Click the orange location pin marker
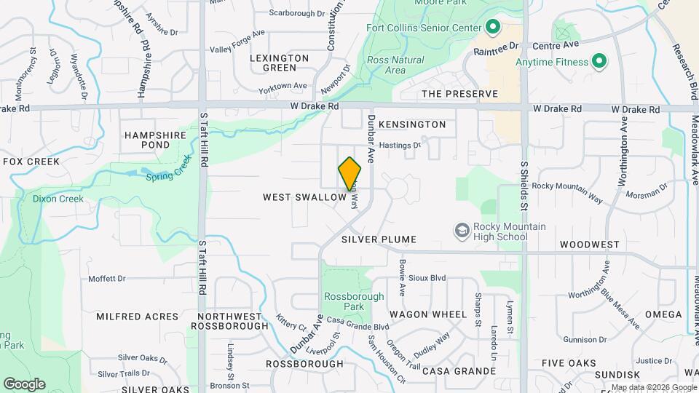[x=350, y=174]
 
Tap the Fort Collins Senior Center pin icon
[x=492, y=28]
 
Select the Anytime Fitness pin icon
[x=599, y=61]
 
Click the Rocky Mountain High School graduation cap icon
[x=462, y=231]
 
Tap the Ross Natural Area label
[x=386, y=65]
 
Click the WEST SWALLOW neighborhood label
[x=304, y=197]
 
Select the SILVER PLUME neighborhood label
[x=379, y=239]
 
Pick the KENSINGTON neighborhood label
[x=412, y=124]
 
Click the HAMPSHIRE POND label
[x=157, y=140]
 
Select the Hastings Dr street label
[x=400, y=145]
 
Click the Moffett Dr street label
[x=107, y=278]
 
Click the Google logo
[x=24, y=384]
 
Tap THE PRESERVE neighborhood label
[x=460, y=94]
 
